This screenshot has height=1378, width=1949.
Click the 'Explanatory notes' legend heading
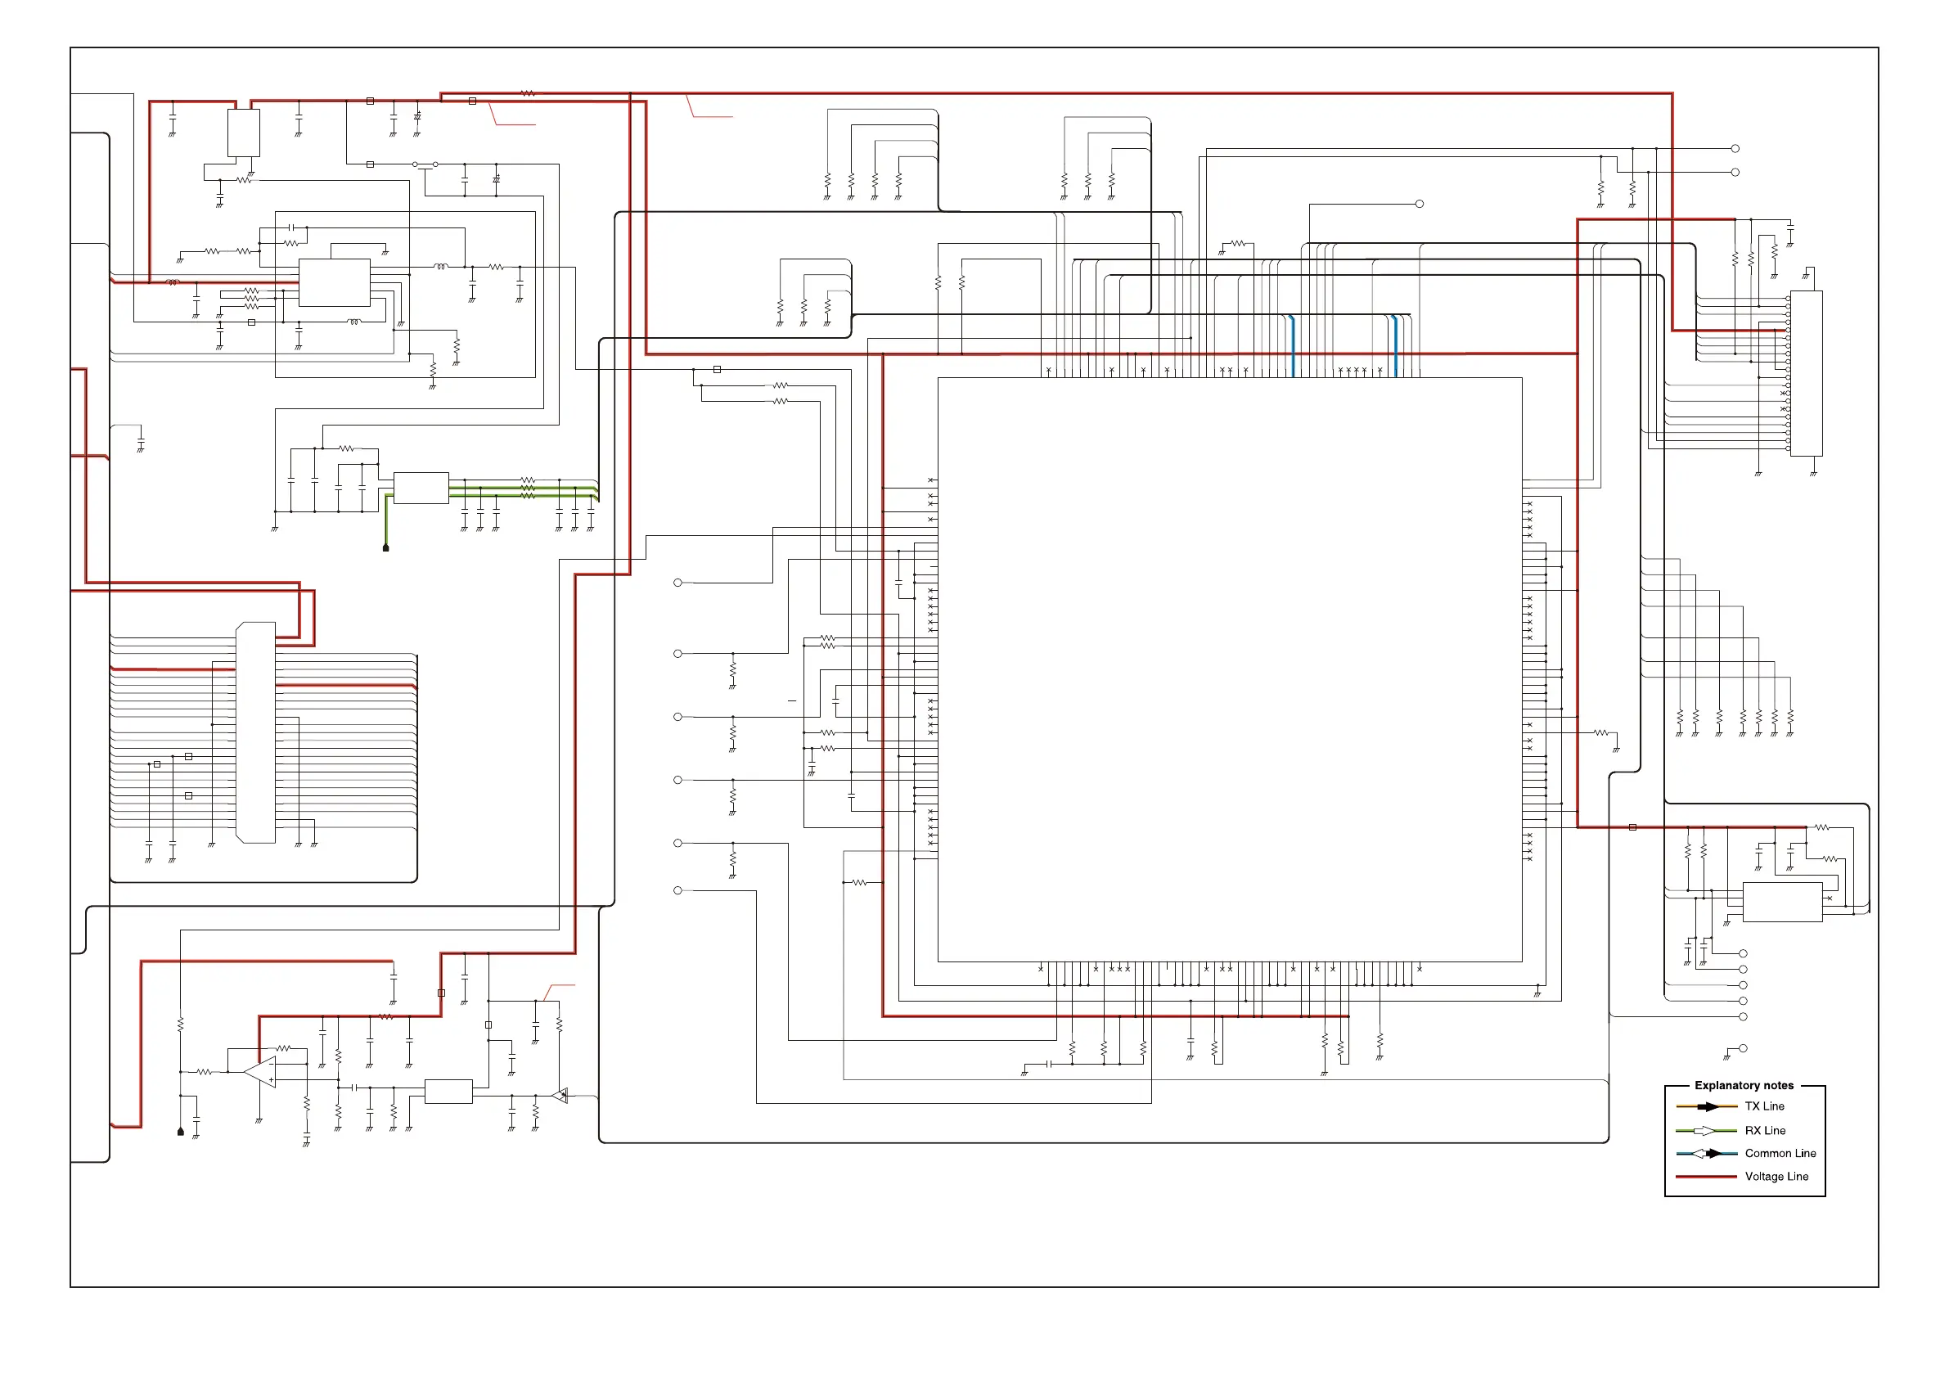click(1744, 1085)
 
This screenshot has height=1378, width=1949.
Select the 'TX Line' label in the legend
click(1764, 1106)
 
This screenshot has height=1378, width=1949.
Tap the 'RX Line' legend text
click(1765, 1130)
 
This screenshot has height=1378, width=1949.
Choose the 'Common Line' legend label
click(1780, 1153)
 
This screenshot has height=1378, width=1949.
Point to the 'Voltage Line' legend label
click(1776, 1176)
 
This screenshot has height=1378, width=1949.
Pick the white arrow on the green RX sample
click(1704, 1130)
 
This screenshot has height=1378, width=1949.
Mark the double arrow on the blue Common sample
click(1706, 1153)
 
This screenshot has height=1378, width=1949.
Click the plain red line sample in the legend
click(1705, 1176)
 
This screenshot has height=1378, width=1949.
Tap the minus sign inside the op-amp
click(271, 1064)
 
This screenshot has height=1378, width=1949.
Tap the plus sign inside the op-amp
click(271, 1080)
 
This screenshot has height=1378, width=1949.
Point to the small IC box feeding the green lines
click(421, 489)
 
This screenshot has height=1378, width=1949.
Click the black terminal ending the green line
click(385, 548)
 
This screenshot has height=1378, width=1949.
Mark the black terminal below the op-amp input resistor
click(180, 1132)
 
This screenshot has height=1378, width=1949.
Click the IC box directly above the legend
click(1782, 902)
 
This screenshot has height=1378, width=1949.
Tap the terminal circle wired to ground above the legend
click(1743, 1048)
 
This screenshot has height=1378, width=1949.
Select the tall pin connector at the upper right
click(1806, 374)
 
